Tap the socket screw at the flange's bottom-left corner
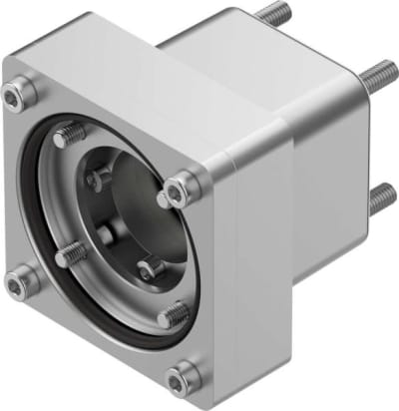pos(15,284)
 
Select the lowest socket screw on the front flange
pos(183,377)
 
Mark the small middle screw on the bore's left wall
pos(103,234)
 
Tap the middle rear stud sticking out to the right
pos(379,76)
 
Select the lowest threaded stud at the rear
pos(380,200)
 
